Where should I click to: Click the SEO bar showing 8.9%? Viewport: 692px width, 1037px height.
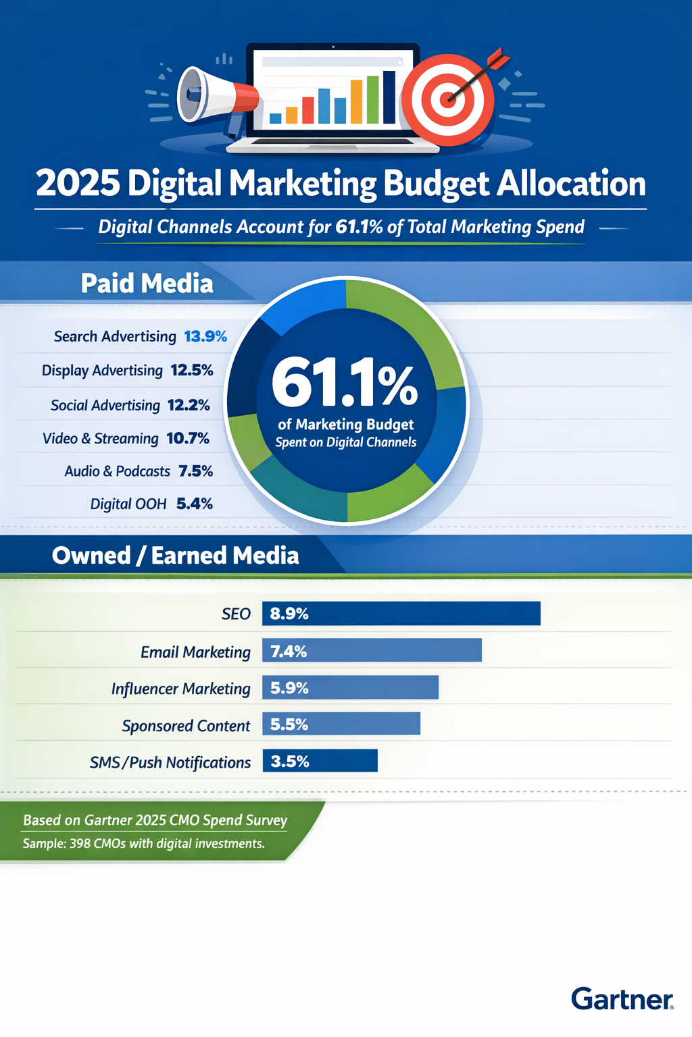pos(401,613)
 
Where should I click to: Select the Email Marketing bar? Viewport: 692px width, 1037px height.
pos(372,650)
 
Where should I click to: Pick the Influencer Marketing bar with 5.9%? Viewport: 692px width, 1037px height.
pos(350,687)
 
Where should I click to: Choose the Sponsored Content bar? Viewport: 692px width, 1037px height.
pos(341,724)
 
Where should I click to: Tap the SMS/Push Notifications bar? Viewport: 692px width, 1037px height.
pos(320,761)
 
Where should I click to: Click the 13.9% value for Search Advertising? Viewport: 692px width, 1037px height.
pos(205,336)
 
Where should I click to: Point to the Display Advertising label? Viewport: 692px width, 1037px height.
pos(102,371)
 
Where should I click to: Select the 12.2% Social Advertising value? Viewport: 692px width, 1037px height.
pos(189,405)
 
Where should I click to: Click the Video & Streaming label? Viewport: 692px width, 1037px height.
pos(101,439)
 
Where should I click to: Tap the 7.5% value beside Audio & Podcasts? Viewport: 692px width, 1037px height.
pos(195,471)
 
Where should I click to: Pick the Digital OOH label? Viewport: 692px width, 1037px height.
pos(128,504)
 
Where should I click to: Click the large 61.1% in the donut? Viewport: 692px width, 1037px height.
pos(345,384)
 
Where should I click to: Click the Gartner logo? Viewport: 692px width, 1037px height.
pos(622,999)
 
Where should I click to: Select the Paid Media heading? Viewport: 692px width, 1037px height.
pos(147,284)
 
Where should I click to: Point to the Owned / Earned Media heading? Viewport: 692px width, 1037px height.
pos(175,556)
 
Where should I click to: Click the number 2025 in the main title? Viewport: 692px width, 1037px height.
pos(78,184)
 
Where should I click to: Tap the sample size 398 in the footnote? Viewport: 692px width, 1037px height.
pos(81,844)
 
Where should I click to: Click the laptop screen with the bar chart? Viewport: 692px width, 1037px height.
pos(332,91)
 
